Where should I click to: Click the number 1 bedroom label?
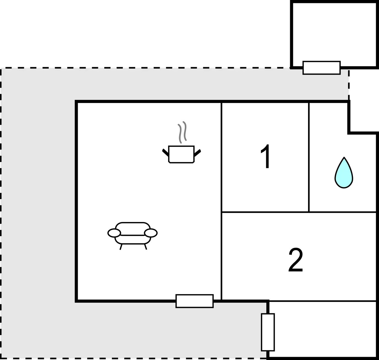[265, 157]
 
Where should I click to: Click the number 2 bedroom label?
[295, 260]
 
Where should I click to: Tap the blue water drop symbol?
[344, 173]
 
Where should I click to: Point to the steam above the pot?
[182, 132]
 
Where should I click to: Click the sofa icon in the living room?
[133, 236]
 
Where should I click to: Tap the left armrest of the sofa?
[114, 233]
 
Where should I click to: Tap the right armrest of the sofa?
[151, 233]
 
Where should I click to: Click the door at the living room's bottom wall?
[194, 301]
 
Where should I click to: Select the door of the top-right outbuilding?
[322, 68]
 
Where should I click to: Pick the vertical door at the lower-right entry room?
[268, 332]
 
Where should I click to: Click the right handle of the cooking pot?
[197, 153]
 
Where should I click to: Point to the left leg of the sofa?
[121, 247]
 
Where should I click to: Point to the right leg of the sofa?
[146, 247]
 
